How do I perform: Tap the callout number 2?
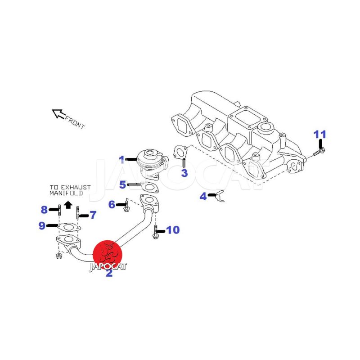click(x=109, y=273)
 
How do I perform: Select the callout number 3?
click(x=184, y=173)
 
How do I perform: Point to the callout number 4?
click(x=203, y=196)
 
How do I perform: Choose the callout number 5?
click(x=123, y=184)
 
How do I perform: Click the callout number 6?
click(x=112, y=205)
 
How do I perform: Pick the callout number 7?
click(x=93, y=215)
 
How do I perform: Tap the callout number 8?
click(x=44, y=209)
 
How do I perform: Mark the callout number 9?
click(x=42, y=225)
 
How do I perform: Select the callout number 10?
click(x=173, y=230)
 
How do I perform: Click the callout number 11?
click(x=320, y=135)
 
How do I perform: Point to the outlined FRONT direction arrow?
click(x=58, y=113)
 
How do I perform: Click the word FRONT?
click(x=75, y=122)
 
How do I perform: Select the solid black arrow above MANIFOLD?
click(x=68, y=205)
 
